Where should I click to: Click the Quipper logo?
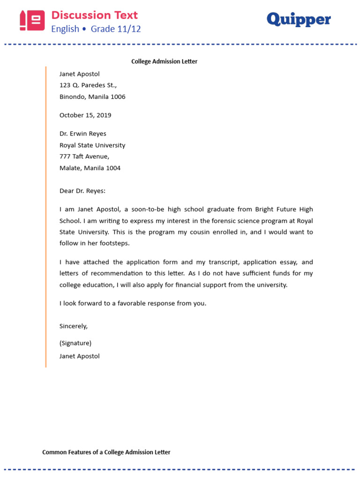click(x=299, y=20)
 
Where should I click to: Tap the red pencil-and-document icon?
click(x=32, y=21)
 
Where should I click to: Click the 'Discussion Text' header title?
click(x=94, y=15)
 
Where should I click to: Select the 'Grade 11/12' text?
click(x=116, y=29)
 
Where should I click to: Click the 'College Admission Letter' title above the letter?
click(x=164, y=61)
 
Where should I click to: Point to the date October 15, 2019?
click(x=85, y=115)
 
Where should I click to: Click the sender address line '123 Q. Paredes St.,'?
click(x=88, y=85)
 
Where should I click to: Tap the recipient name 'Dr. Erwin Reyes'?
click(x=83, y=134)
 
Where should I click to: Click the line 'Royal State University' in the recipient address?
click(x=92, y=145)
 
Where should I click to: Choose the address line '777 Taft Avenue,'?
click(x=84, y=157)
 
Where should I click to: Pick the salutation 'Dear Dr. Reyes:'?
click(x=83, y=191)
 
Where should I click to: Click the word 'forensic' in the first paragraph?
click(x=215, y=221)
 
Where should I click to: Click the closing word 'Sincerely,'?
click(x=74, y=326)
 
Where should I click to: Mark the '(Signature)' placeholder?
click(x=75, y=343)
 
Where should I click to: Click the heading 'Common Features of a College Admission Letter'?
click(x=106, y=452)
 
